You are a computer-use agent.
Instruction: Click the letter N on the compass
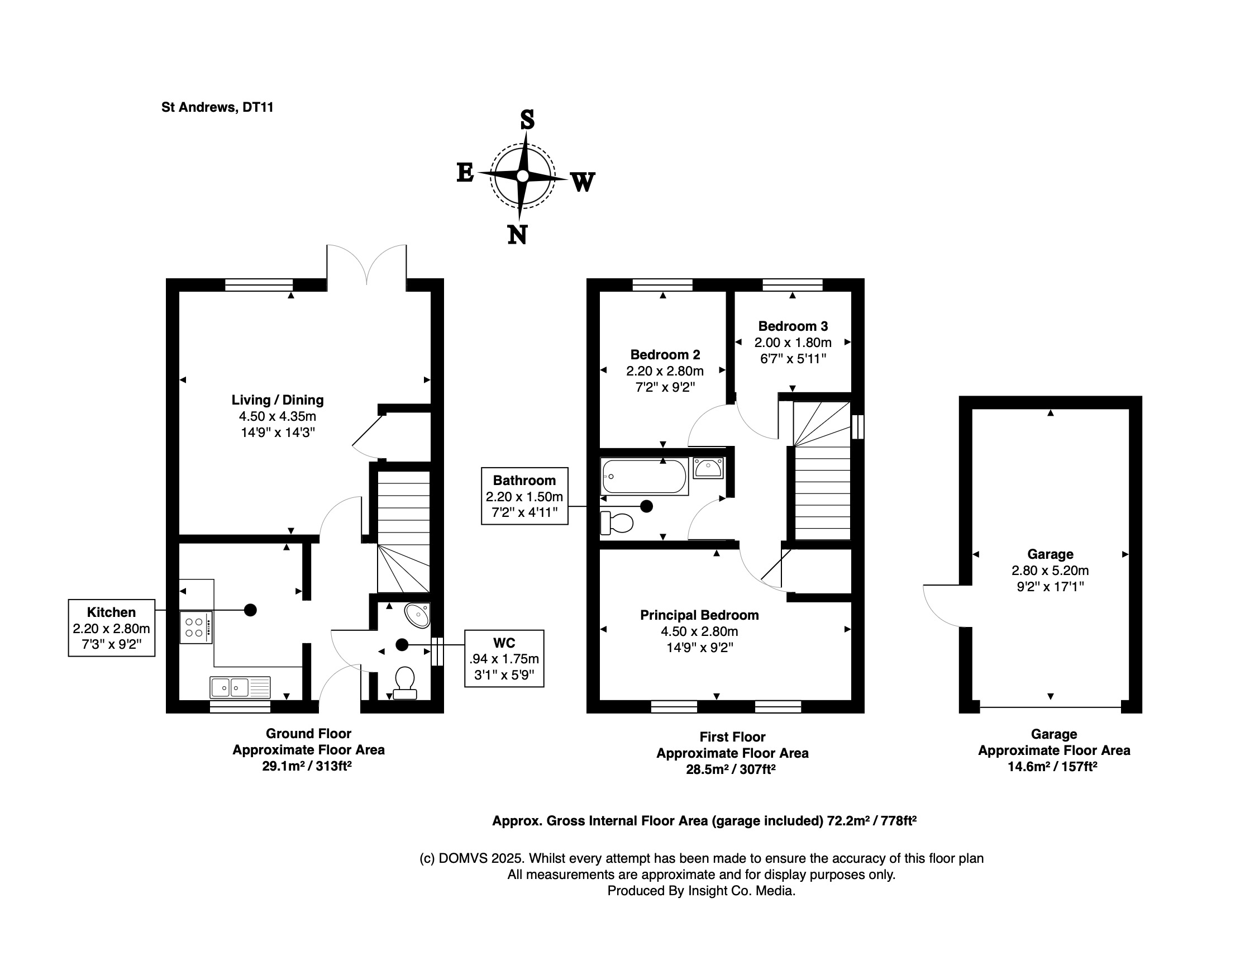518,234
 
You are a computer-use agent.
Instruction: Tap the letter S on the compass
527,119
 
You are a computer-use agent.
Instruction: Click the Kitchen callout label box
112,628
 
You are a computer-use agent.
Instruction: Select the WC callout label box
504,659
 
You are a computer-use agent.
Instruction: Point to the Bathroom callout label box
524,496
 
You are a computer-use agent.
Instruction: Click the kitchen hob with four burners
196,628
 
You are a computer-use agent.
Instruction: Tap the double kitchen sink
240,688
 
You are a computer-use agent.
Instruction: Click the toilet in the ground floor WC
405,683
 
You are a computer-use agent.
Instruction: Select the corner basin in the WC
418,615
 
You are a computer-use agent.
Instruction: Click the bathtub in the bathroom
644,476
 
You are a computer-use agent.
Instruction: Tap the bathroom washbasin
709,468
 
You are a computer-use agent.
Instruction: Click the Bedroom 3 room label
793,326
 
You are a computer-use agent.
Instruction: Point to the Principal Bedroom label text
699,615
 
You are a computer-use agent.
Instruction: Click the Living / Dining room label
278,400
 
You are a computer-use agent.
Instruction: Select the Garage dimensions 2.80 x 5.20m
1050,570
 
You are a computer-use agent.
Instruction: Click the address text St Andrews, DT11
218,107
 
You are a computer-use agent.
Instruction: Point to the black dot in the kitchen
250,610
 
